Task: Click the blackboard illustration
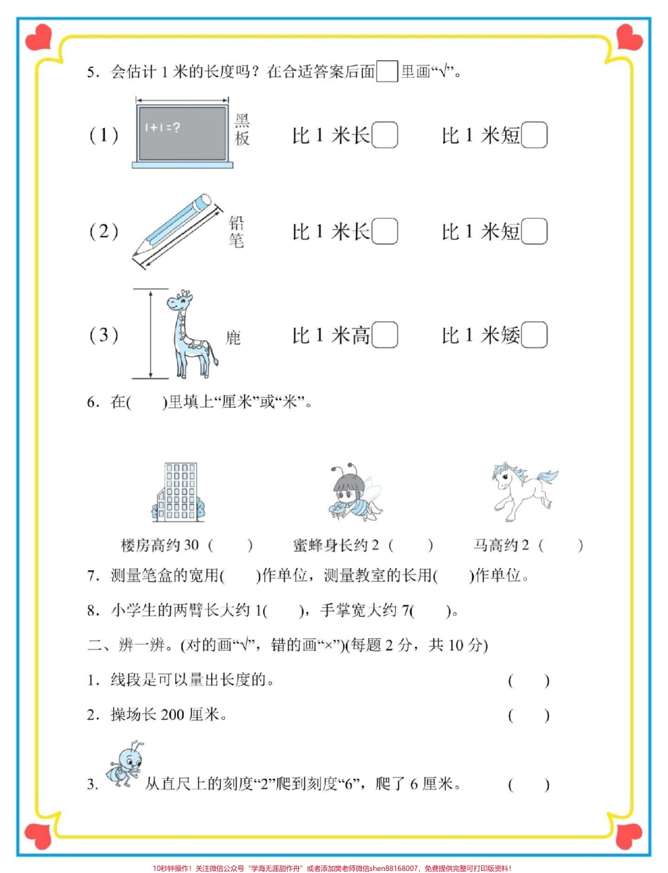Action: tap(182, 134)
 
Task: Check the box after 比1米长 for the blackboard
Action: tap(384, 135)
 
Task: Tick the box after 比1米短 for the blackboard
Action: tap(534, 135)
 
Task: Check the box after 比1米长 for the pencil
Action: tap(384, 231)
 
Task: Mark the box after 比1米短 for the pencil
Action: tap(534, 231)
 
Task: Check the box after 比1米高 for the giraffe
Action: tap(384, 335)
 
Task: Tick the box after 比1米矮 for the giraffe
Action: tap(534, 335)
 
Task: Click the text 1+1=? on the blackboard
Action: tap(163, 127)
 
